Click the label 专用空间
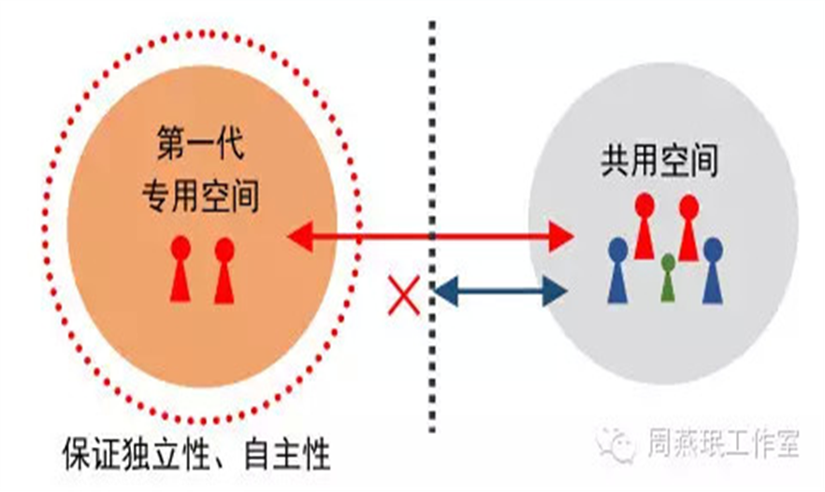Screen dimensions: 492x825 tap(200, 195)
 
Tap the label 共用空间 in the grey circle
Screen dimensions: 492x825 tap(659, 163)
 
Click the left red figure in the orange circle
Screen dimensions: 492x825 tap(181, 268)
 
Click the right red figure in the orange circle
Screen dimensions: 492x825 tap(224, 268)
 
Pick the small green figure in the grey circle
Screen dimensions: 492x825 tap(667, 277)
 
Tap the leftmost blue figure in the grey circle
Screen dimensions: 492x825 tap(617, 269)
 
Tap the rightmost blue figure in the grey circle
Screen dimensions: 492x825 tap(713, 269)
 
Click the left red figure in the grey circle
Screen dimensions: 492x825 tap(644, 226)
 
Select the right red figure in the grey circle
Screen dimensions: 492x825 tap(689, 226)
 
